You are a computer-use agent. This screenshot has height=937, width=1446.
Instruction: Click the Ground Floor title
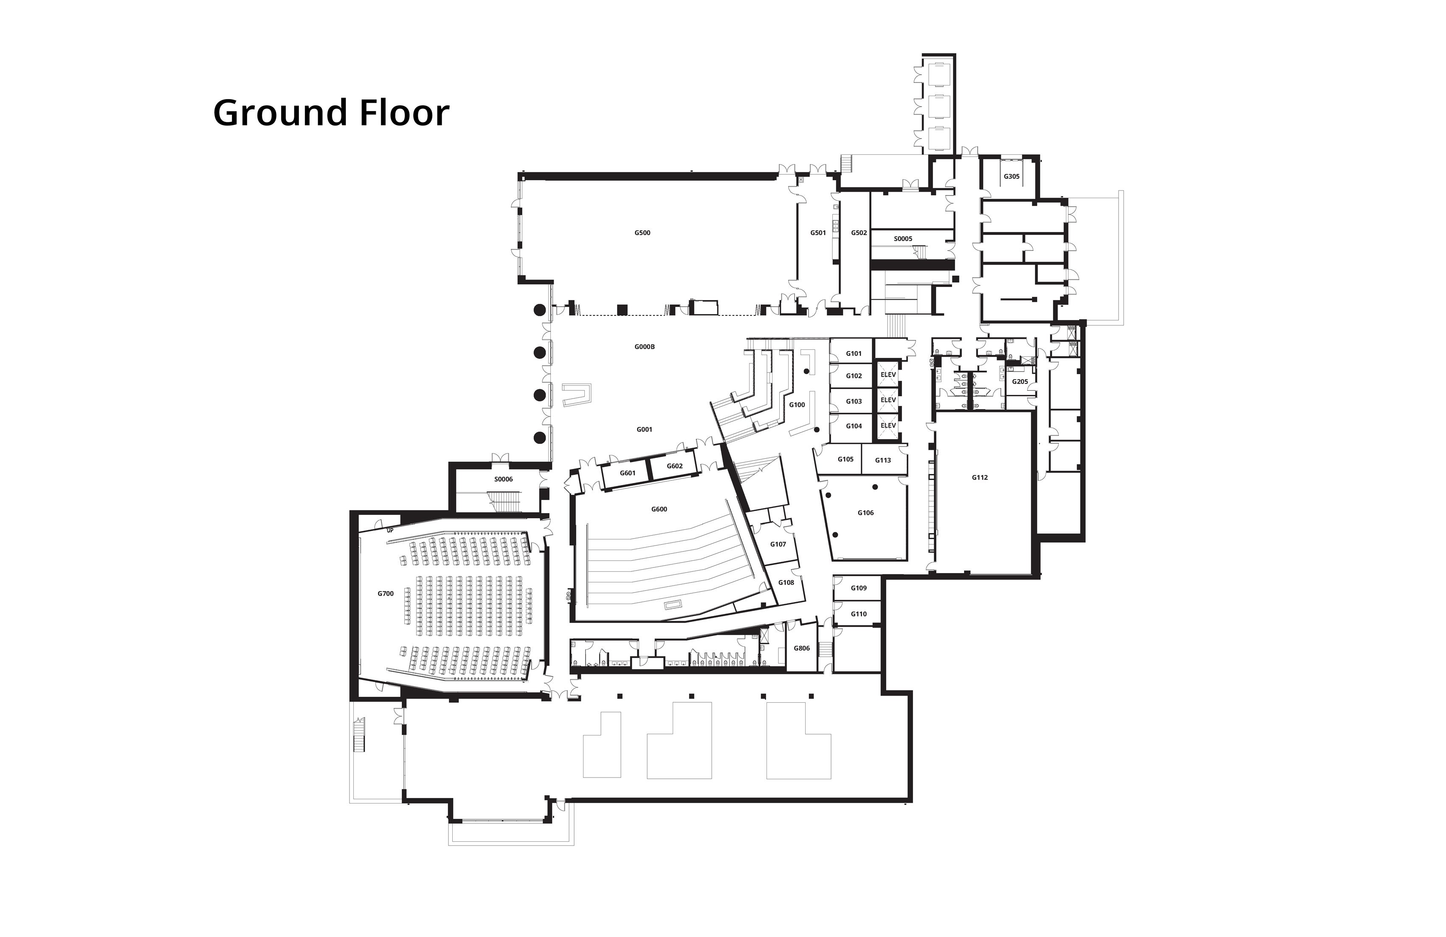pos(331,113)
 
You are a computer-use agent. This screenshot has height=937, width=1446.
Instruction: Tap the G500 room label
pos(642,233)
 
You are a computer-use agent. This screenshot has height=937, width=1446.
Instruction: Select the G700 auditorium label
pos(386,593)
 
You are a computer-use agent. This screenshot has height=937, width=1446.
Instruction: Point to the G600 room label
pos(659,509)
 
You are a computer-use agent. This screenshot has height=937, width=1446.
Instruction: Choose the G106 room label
pos(866,513)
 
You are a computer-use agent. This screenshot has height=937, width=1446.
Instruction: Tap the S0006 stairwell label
pos(504,479)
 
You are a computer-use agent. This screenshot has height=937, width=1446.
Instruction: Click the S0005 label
pos(903,239)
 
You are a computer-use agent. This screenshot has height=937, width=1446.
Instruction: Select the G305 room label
pos(1012,176)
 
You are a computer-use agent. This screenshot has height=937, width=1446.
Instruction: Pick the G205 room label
pos(1020,382)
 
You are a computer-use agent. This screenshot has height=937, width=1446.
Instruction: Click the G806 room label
pos(802,648)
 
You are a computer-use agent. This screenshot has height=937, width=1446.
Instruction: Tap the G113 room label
pos(883,460)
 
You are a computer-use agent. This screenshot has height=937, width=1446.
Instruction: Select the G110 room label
pos(859,614)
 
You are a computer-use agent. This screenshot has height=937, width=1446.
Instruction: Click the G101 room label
pos(854,353)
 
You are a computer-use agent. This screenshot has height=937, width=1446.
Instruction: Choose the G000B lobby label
pos(645,346)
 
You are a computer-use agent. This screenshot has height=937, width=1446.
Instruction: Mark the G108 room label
pos(786,582)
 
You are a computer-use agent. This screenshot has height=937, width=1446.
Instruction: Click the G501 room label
pos(818,233)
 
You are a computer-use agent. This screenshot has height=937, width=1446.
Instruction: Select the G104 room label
pos(854,426)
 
